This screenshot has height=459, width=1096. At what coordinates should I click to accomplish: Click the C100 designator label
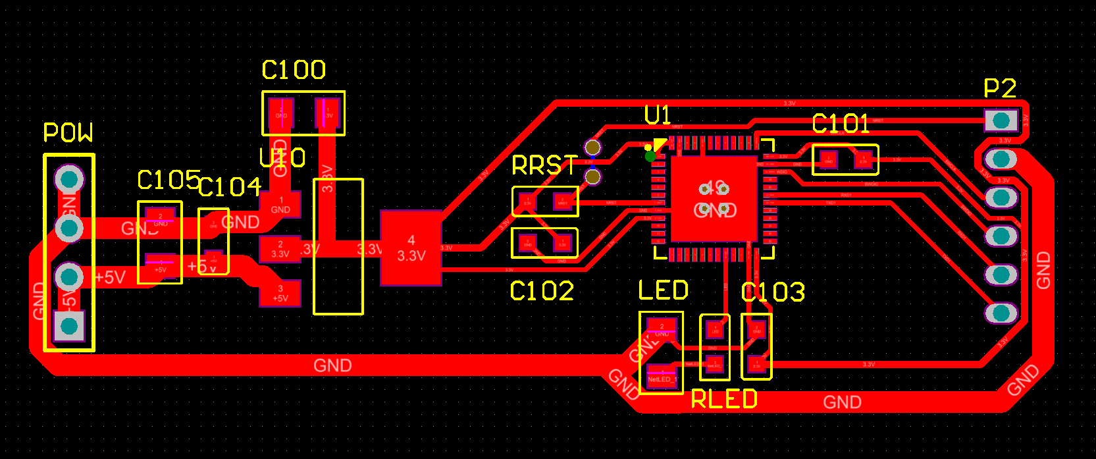click(294, 70)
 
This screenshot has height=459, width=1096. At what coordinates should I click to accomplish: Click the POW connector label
click(68, 133)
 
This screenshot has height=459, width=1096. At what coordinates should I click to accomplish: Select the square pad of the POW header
click(69, 325)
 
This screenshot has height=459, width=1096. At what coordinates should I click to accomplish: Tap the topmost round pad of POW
click(69, 178)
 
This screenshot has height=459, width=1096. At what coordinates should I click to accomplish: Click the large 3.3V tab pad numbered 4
click(411, 248)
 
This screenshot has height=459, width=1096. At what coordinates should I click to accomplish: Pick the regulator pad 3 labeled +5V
click(280, 293)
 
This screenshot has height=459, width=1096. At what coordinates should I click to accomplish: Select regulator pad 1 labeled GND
click(280, 205)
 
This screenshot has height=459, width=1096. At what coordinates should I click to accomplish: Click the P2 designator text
click(999, 88)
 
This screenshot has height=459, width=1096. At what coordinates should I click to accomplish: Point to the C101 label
click(841, 124)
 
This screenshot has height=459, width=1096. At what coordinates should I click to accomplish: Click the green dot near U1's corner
click(650, 156)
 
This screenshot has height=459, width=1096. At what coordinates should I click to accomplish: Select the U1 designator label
click(657, 115)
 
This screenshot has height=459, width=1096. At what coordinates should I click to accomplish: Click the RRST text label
click(544, 166)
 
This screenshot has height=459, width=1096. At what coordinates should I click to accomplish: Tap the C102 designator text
click(542, 291)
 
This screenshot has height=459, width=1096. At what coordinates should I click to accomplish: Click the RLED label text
click(724, 400)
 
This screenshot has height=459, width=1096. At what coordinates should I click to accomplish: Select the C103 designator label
click(773, 292)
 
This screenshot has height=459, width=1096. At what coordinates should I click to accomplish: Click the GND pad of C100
click(281, 113)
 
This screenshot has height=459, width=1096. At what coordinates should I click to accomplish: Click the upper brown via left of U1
click(592, 148)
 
